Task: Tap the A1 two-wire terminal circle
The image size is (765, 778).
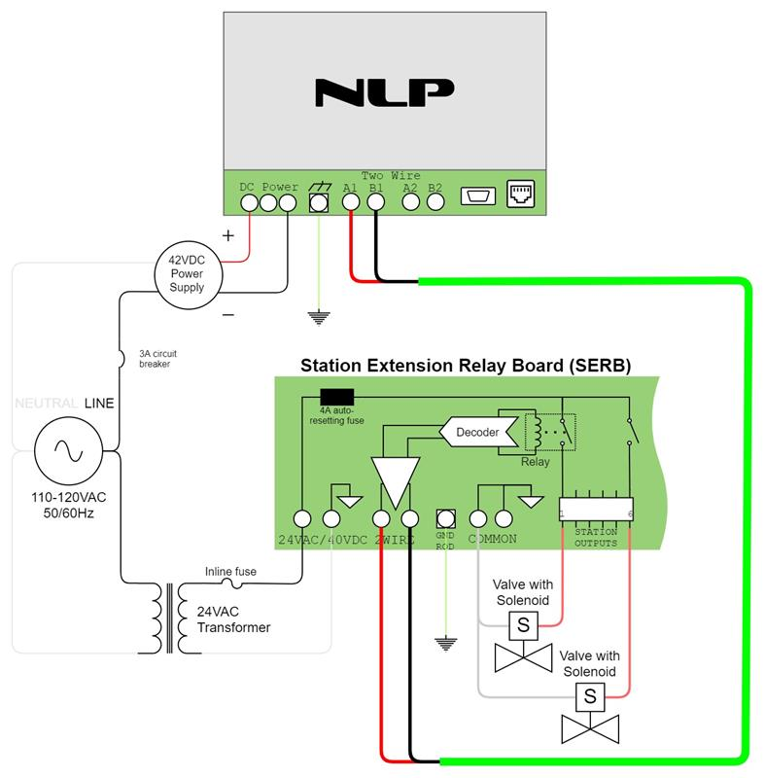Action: pyautogui.click(x=352, y=202)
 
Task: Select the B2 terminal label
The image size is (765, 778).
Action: pyautogui.click(x=435, y=187)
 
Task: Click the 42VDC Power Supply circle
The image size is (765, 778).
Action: pyautogui.click(x=188, y=273)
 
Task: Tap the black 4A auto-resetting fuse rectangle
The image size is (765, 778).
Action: pyautogui.click(x=336, y=396)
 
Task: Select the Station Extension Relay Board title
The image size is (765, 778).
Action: pyautogui.click(x=466, y=367)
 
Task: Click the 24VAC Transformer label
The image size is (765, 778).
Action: pyautogui.click(x=233, y=620)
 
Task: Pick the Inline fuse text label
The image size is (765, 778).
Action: pyautogui.click(x=230, y=571)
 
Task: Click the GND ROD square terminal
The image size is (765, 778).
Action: pyautogui.click(x=446, y=518)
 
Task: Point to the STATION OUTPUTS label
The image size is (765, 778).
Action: pyautogui.click(x=596, y=537)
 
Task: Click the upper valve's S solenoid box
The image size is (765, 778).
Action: pyautogui.click(x=522, y=625)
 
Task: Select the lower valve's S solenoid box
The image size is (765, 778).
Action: pyautogui.click(x=589, y=695)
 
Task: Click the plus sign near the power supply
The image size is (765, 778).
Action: pyautogui.click(x=229, y=236)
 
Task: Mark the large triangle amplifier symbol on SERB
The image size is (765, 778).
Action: pyautogui.click(x=395, y=478)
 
